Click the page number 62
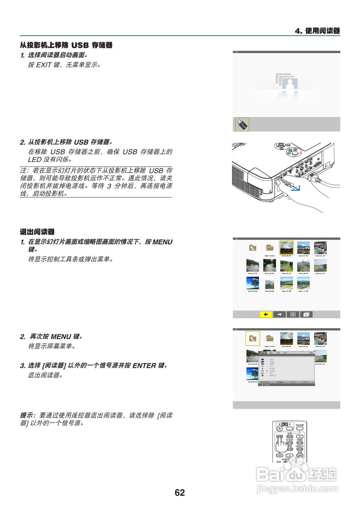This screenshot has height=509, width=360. (x=180, y=493)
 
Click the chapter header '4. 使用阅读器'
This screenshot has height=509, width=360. (x=317, y=31)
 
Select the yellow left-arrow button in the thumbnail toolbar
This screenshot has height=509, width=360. (x=266, y=314)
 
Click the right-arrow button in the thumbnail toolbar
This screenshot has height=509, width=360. (x=279, y=314)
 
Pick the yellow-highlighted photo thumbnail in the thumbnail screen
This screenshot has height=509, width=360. (x=286, y=247)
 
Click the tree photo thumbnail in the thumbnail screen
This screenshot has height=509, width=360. (x=253, y=283)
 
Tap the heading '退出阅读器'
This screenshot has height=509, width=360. (x=37, y=231)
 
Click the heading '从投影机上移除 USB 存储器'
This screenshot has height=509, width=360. (x=66, y=45)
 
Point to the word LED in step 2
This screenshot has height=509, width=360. (x=35, y=159)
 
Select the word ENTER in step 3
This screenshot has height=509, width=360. (x=144, y=365)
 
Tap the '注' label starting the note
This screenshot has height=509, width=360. (x=23, y=170)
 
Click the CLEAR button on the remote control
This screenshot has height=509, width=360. (x=300, y=455)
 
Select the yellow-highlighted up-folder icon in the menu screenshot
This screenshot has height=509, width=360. (x=253, y=338)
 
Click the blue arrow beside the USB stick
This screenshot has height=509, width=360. (x=296, y=187)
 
